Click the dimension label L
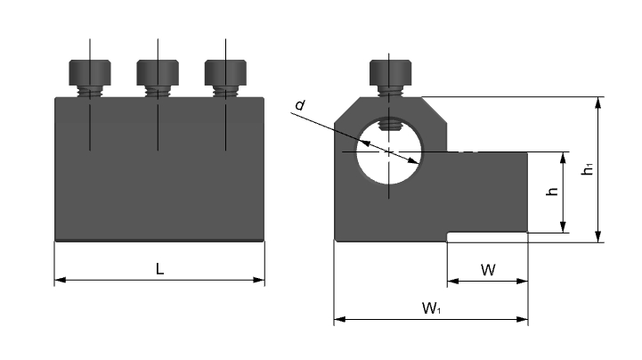[x=159, y=269]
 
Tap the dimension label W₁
[x=431, y=308]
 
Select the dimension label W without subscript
[x=488, y=270]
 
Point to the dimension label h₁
[x=588, y=168]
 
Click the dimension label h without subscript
[x=553, y=192]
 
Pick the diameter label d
[x=300, y=105]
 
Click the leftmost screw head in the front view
[x=90, y=72]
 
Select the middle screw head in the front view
[x=158, y=72]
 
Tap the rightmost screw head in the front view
[x=225, y=72]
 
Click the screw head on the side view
[x=390, y=72]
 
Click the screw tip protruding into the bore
[x=389, y=124]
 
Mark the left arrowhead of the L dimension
[x=61, y=280]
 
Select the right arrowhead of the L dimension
[x=259, y=280]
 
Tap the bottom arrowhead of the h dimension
[x=563, y=227]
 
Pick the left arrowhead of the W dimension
[x=453, y=281]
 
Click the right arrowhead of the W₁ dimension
[x=523, y=319]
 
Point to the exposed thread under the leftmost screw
[x=90, y=92]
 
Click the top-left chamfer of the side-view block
[x=347, y=110]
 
